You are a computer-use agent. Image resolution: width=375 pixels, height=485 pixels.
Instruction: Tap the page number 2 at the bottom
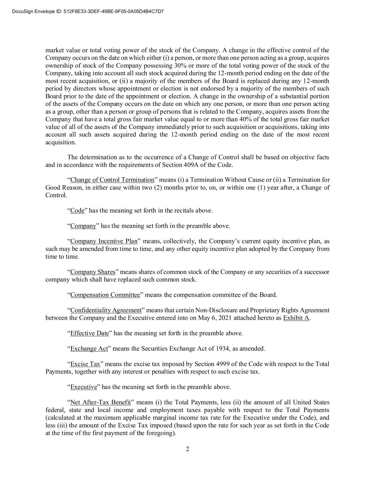click(187, 449)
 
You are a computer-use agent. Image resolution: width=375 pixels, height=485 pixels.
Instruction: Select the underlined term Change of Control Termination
click(112, 180)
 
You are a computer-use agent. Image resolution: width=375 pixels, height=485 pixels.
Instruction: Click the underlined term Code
click(77, 210)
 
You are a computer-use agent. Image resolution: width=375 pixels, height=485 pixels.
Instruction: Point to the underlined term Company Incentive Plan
click(104, 241)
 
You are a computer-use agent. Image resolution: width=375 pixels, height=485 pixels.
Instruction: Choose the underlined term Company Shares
click(93, 272)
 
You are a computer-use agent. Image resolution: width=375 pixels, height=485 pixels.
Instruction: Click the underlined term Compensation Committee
click(105, 295)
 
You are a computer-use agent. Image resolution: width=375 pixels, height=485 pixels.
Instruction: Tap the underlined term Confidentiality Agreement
click(106, 310)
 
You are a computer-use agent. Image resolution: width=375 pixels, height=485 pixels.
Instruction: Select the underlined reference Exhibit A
click(296, 318)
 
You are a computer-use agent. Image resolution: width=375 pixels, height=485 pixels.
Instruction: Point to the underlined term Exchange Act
click(89, 349)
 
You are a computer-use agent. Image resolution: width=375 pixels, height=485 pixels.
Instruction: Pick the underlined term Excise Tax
click(85, 364)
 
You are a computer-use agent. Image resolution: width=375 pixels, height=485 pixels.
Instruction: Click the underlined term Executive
click(84, 387)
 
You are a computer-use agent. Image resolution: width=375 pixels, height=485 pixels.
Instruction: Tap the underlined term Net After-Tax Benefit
click(101, 403)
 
